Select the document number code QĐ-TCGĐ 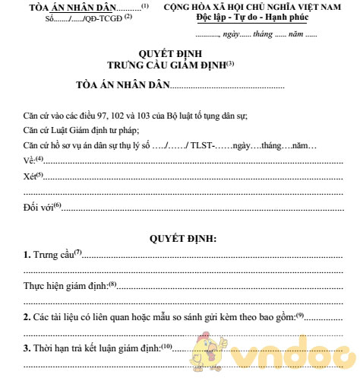[107, 18]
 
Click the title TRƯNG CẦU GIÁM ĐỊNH [169, 65]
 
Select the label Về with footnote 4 [30, 160]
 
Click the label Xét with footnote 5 [30, 176]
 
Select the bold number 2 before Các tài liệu [27, 317]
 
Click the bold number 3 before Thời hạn [27, 348]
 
